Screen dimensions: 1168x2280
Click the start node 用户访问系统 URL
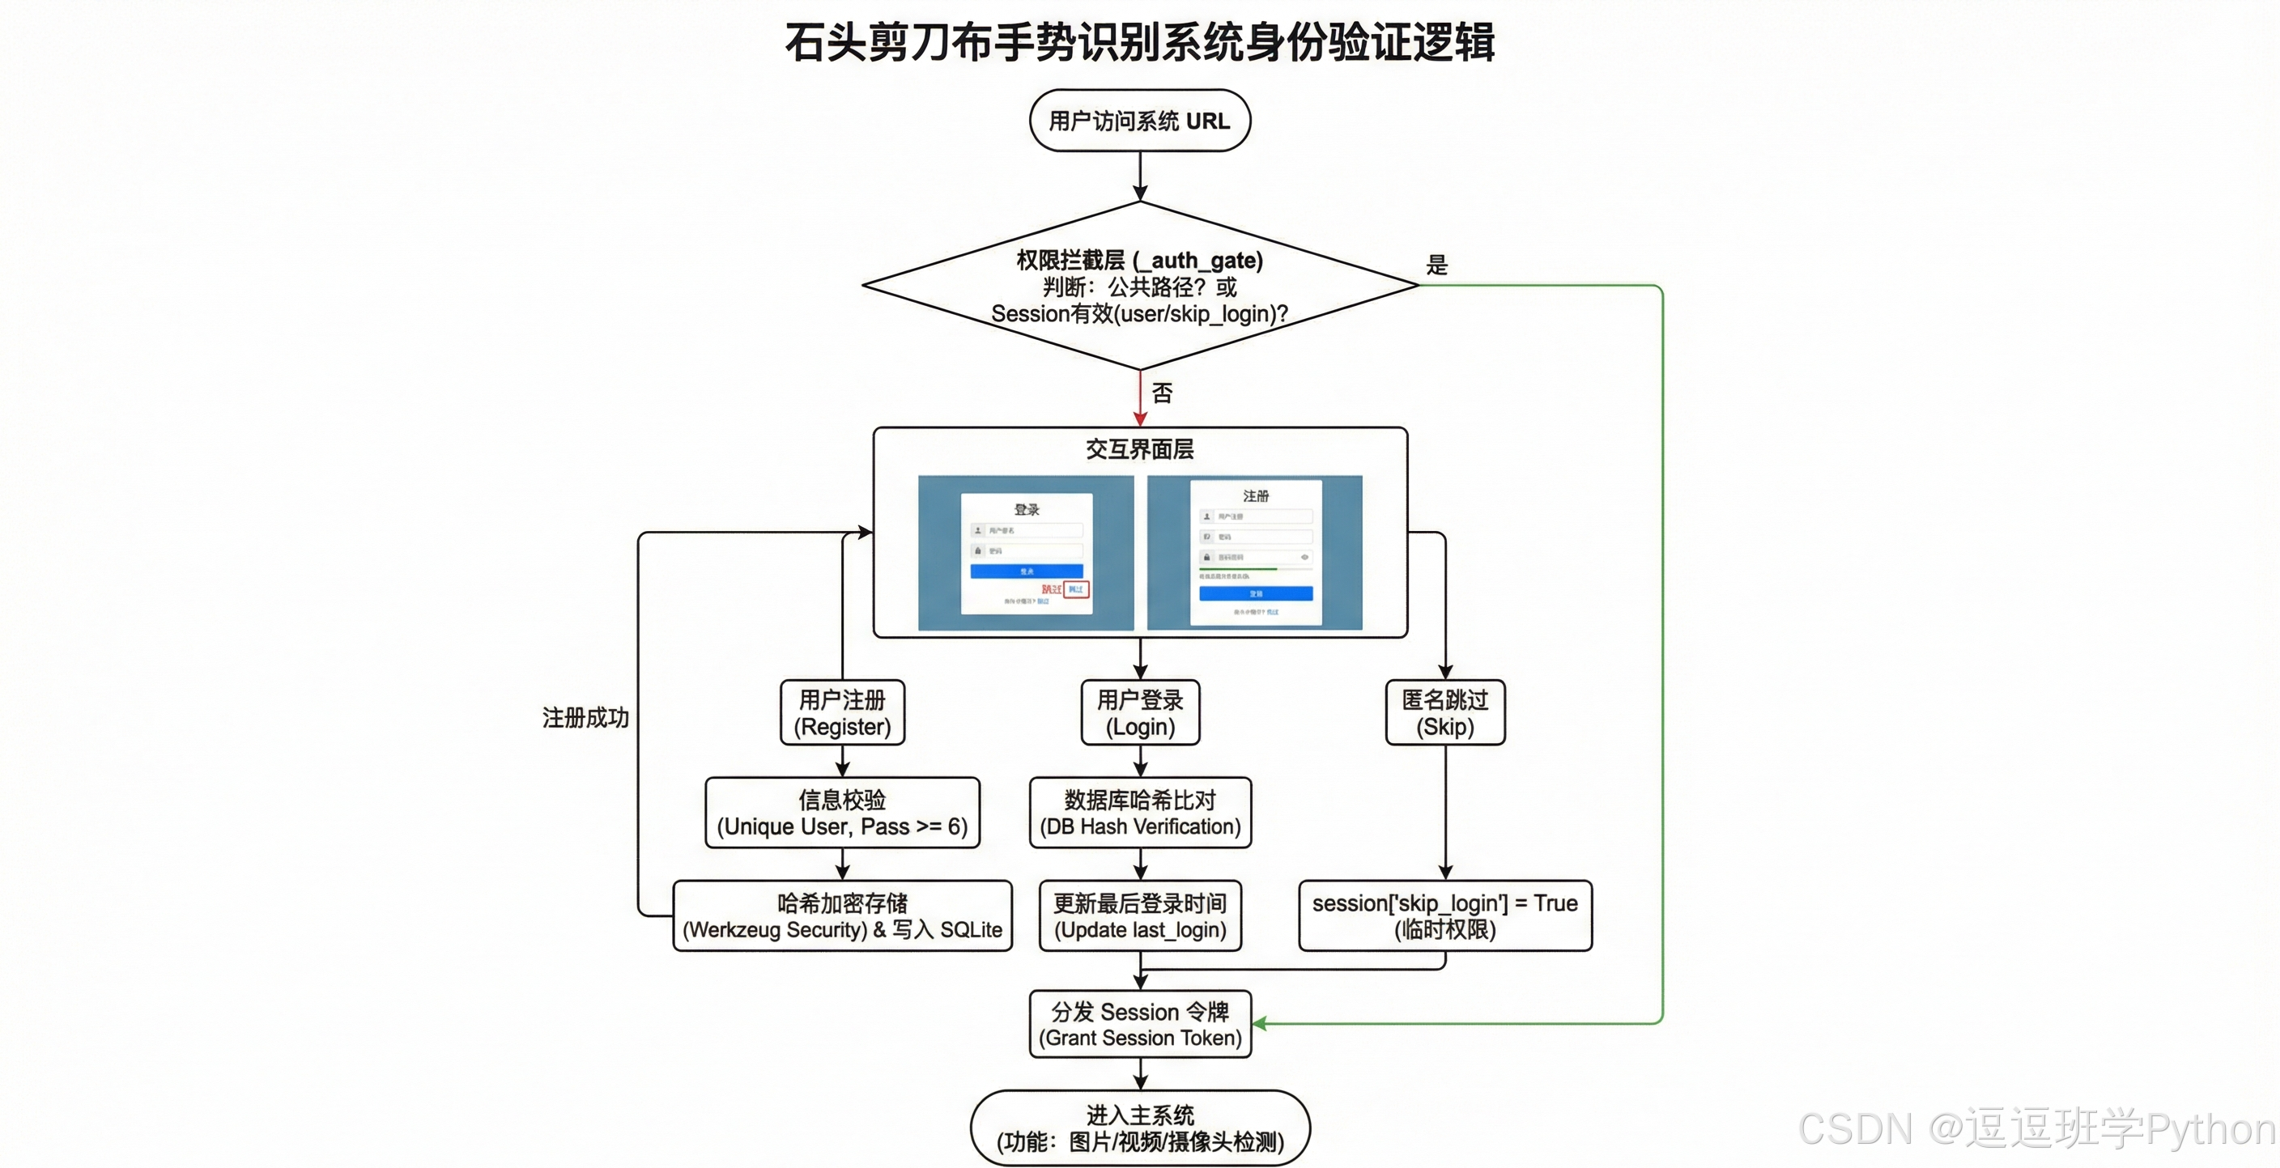1139,121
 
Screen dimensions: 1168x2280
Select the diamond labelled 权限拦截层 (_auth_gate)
1139,286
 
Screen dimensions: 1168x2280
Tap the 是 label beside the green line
1436,265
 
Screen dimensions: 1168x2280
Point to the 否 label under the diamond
1162,393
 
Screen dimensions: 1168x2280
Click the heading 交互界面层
1139,449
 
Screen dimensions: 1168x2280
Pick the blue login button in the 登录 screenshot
1026,571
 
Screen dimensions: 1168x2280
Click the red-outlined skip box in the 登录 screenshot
1075,589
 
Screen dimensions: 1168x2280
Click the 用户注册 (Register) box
842,713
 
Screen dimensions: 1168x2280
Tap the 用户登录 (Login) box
1139,713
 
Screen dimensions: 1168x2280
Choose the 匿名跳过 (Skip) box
1444,713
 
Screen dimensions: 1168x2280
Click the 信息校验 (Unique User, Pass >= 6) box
842,813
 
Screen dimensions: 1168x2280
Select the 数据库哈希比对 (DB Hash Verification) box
1139,813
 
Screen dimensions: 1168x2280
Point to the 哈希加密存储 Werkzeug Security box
842,915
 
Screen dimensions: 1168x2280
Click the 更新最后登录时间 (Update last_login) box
1139,915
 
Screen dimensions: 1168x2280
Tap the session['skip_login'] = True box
1444,915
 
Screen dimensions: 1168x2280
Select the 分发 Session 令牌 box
1139,1024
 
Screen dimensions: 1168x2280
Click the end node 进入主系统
1139,1128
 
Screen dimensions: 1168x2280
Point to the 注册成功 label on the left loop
585,718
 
